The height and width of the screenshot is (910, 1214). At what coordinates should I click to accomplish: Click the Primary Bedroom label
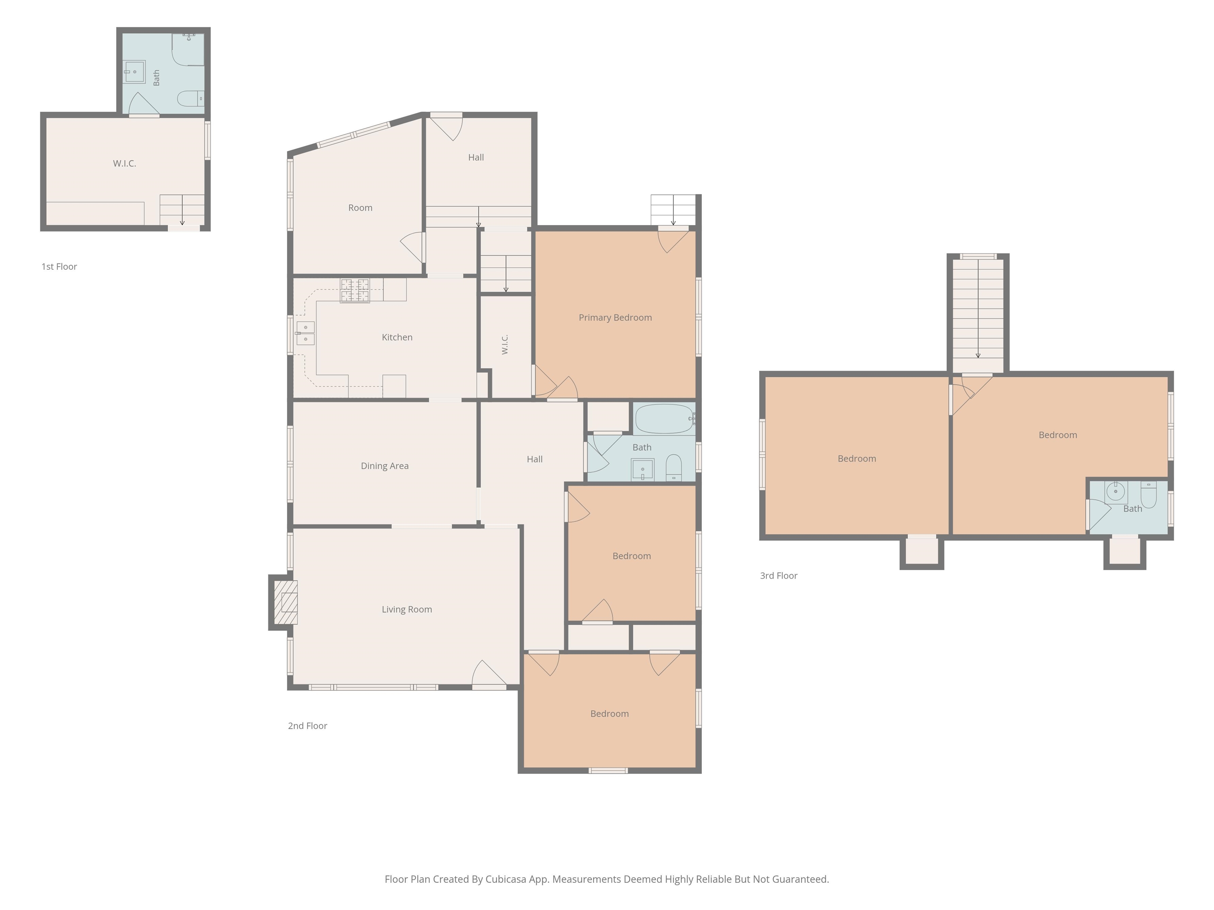point(615,318)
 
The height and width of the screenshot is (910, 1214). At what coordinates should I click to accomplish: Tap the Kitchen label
point(397,337)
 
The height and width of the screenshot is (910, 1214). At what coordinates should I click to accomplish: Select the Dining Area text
point(385,466)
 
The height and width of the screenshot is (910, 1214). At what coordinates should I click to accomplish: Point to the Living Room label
point(407,609)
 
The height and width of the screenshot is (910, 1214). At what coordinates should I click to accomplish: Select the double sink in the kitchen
point(305,333)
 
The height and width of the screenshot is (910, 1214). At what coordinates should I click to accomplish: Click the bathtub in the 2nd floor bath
point(664,419)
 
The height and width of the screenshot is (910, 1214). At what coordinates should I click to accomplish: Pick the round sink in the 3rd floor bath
point(1115,491)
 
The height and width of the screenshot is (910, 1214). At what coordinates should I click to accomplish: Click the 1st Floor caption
point(59,267)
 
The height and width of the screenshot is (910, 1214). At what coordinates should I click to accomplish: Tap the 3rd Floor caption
point(778,576)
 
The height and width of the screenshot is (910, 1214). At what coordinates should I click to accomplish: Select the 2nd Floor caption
point(307,726)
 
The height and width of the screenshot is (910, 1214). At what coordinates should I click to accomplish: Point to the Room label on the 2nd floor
point(360,208)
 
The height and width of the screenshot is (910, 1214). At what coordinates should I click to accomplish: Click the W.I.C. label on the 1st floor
point(124,164)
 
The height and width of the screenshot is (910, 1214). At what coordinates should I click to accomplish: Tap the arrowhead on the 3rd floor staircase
point(978,356)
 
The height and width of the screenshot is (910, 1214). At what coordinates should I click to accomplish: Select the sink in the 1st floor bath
point(134,72)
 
